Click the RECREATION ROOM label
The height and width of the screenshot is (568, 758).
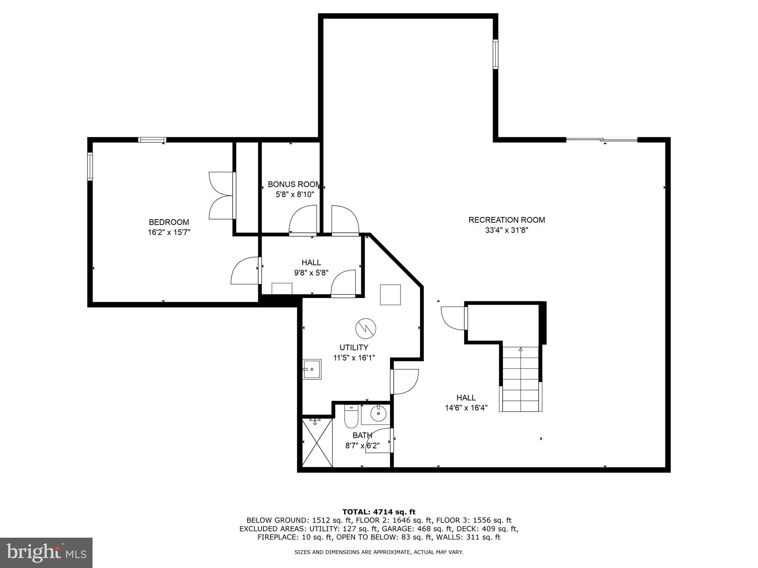pos(506,220)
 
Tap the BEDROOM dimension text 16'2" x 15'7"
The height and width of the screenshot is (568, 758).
pos(169,233)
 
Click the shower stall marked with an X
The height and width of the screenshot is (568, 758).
pos(317,443)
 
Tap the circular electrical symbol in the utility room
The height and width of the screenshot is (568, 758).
pos(366,328)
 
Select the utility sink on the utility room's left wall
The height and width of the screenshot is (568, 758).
pos(312,369)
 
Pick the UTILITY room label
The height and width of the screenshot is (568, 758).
pos(354,348)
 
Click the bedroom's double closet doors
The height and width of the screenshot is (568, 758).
pos(221,196)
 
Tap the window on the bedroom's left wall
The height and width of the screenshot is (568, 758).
pos(90,166)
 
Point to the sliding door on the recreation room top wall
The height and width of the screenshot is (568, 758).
pos(602,140)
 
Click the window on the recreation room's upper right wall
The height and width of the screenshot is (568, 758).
pos(495,54)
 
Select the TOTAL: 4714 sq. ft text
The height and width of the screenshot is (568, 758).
pos(379,512)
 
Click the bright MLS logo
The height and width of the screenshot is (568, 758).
pos(46,552)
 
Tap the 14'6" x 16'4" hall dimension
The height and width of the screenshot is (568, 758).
pos(466,408)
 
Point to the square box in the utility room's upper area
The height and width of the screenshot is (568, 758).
pos(390,295)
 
